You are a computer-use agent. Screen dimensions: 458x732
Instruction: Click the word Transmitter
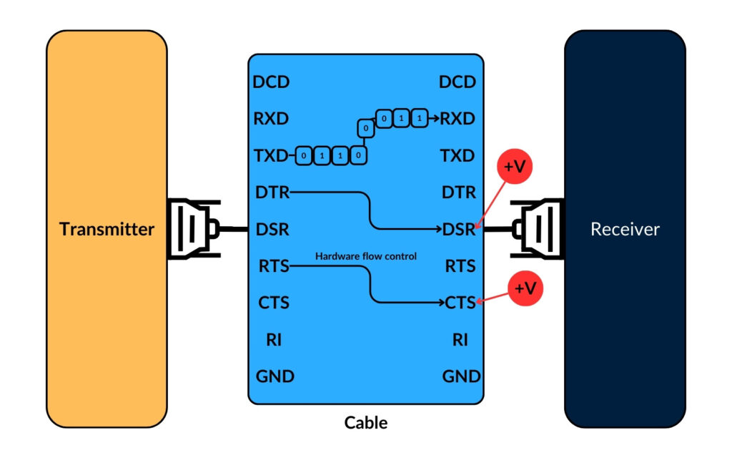point(107,230)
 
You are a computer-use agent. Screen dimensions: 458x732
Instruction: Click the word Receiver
point(625,230)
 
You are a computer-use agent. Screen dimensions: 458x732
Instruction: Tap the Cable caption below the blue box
point(366,422)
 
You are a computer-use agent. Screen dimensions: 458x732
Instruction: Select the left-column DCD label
point(272,82)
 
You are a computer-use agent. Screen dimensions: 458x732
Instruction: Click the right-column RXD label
point(458,118)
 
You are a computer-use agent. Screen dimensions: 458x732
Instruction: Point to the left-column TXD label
point(271,155)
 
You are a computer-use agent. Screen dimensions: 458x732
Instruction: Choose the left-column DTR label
point(272,193)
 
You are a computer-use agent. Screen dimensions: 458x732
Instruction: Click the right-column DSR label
point(459,230)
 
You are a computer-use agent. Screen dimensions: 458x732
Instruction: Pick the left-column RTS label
point(273,267)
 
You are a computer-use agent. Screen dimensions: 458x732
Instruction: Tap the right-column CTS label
point(459,303)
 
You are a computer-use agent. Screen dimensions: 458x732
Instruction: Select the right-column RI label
point(460,339)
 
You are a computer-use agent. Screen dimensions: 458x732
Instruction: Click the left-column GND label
point(274,376)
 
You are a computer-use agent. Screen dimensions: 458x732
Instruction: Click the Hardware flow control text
point(366,255)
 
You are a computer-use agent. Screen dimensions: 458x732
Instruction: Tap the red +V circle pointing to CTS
point(525,288)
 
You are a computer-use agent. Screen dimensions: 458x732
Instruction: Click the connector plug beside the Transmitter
point(192,229)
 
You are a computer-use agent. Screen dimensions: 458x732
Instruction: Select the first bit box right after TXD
point(305,155)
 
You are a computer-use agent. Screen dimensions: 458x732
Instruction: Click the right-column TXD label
point(458,155)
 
